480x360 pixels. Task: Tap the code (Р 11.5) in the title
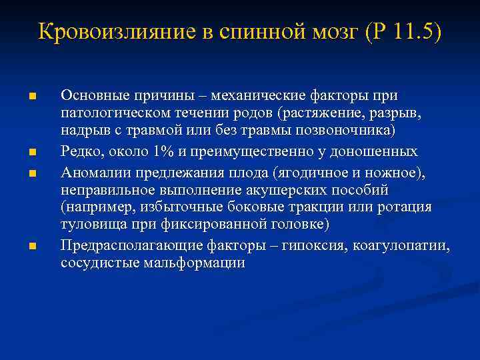(x=403, y=31)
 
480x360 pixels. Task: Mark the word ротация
(x=407, y=207)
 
